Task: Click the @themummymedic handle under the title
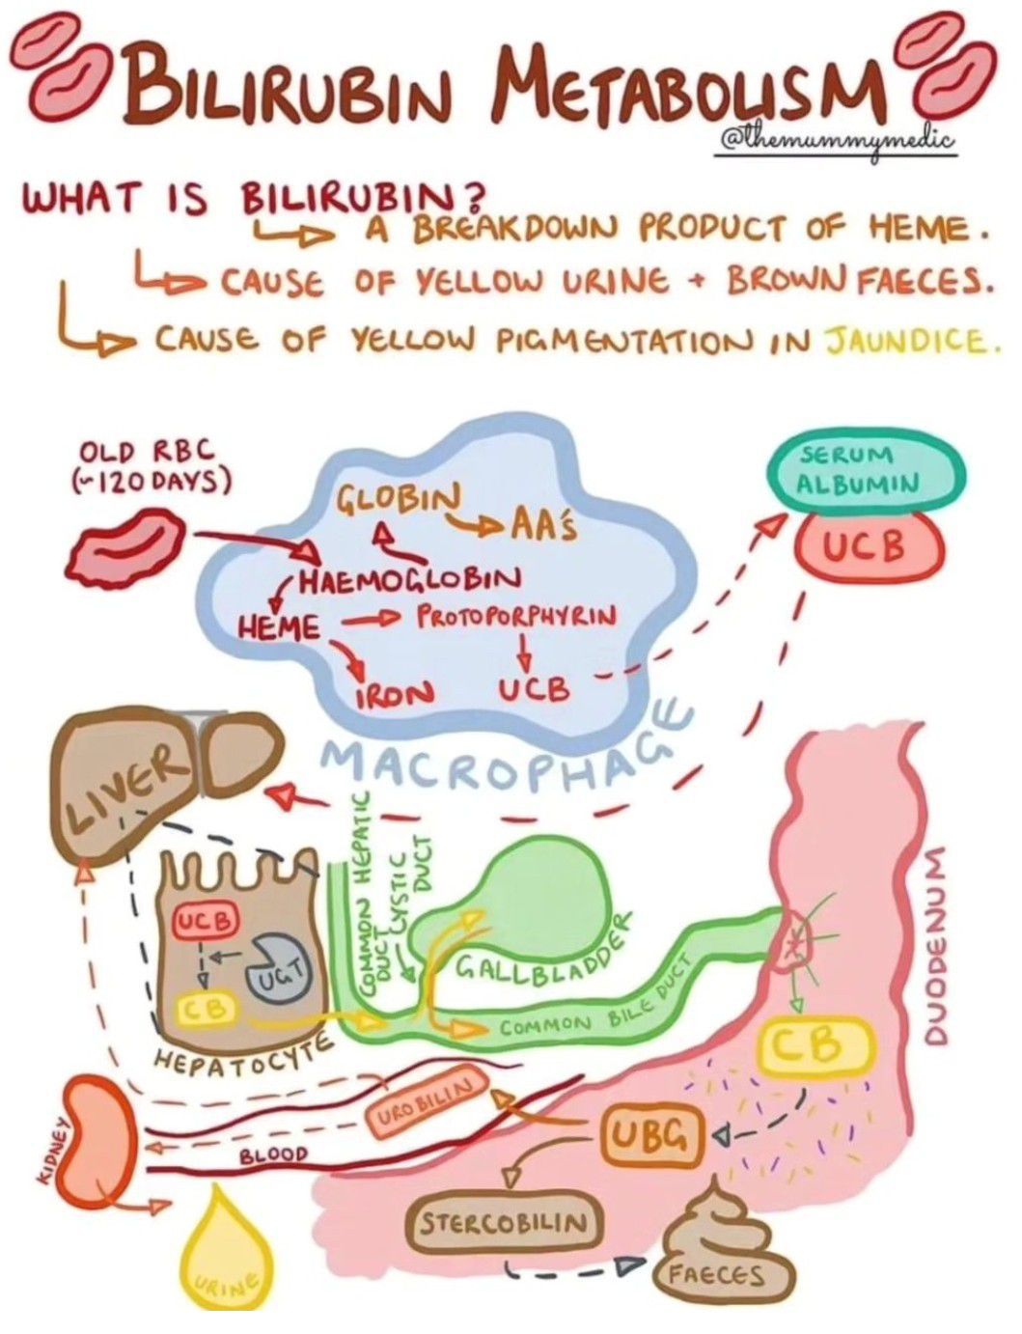point(838,142)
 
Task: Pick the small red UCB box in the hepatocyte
point(204,921)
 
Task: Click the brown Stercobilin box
point(502,1223)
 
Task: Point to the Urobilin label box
point(423,1102)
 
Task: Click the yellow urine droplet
point(223,1255)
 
